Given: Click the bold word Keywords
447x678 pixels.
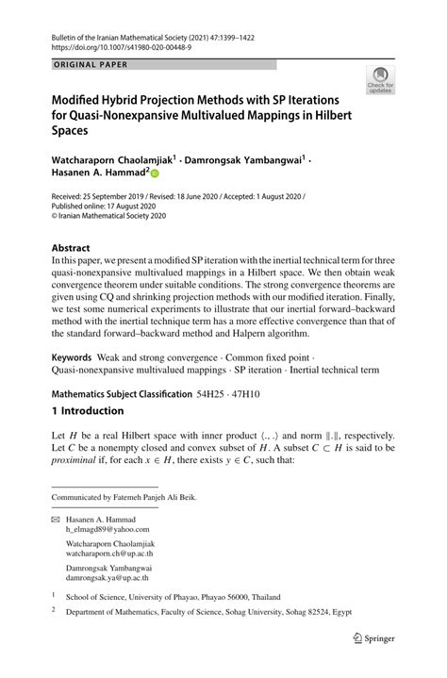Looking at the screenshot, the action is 72,358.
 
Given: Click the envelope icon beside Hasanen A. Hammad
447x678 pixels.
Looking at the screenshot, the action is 54,521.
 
